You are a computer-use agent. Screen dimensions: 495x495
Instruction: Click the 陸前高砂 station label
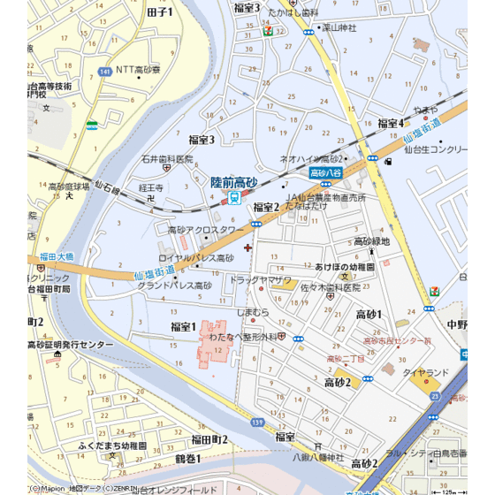[x=233, y=181]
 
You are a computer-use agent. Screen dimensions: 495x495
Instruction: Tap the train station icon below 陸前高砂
[x=233, y=198]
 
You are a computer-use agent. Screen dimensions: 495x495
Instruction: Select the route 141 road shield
[x=105, y=71]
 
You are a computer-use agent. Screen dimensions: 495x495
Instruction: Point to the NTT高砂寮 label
[x=139, y=69]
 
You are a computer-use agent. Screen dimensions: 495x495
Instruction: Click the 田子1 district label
[x=160, y=11]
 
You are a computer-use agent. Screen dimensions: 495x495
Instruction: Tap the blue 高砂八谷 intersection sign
[x=325, y=173]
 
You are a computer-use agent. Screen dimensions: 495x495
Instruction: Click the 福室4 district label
[x=390, y=123]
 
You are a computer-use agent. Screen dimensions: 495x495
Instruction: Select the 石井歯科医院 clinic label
[x=167, y=159]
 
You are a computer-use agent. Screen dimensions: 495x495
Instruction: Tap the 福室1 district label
[x=183, y=326]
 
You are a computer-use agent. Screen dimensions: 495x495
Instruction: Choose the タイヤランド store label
[x=427, y=372]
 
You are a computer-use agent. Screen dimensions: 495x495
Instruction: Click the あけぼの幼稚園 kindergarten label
[x=346, y=266]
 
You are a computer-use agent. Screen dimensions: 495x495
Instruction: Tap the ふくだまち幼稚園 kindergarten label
[x=119, y=445]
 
